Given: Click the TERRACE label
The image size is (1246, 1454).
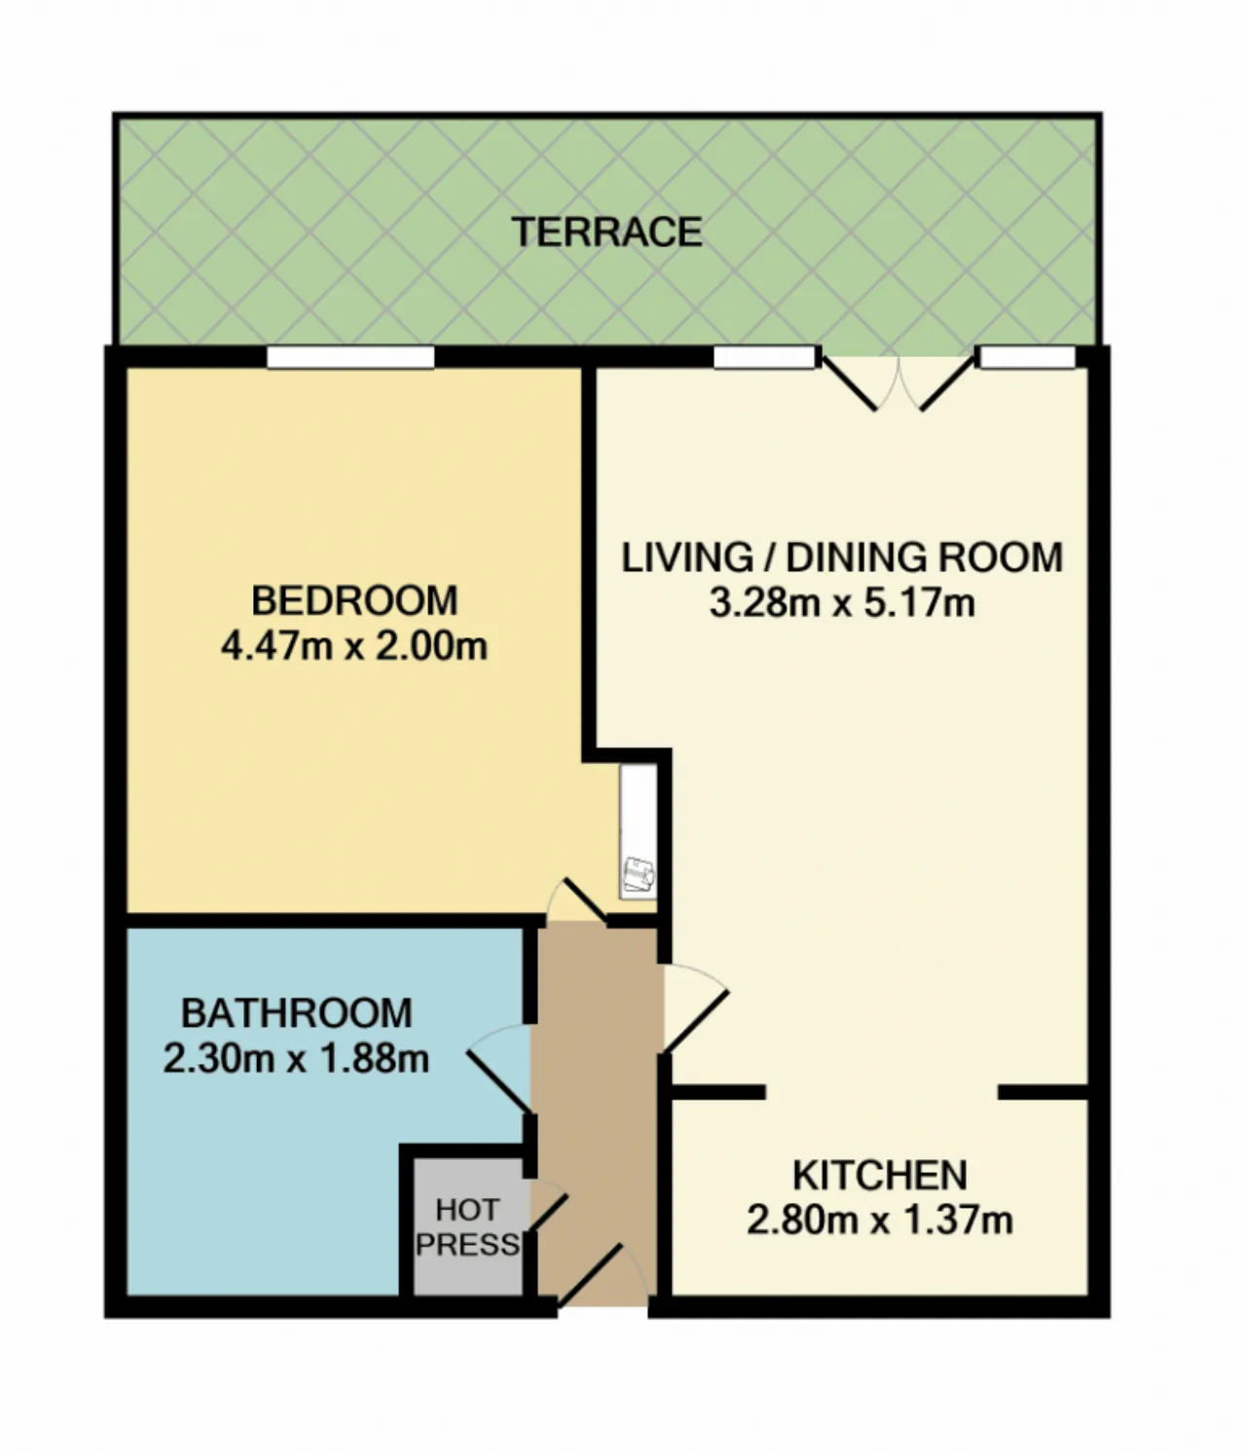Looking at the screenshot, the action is point(606,233).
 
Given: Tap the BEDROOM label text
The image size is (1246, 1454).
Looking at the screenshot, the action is point(354,600).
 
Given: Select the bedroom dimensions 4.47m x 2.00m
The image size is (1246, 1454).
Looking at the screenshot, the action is point(354,646).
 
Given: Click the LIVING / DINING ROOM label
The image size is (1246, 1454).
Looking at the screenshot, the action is point(842,558).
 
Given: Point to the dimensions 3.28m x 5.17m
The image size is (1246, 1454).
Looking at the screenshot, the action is point(842,603).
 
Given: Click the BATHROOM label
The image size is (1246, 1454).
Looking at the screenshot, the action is point(296,1013).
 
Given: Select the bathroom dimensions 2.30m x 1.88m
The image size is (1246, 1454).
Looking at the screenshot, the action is point(296,1059).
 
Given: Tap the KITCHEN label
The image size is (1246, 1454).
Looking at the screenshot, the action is point(879,1175).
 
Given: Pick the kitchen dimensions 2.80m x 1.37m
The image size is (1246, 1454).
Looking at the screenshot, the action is point(879,1220).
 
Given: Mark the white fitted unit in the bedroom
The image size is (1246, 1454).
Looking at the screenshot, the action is point(639,831).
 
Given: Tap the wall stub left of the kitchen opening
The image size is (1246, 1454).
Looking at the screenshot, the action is point(717,1092).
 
